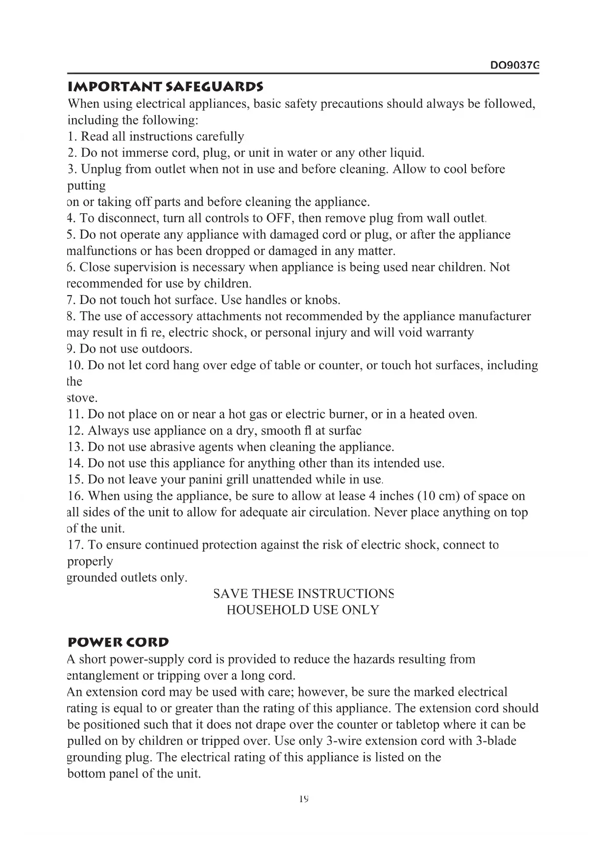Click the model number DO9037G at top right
pos(514,65)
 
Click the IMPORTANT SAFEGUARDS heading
pos(166,87)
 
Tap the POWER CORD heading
pos(118,642)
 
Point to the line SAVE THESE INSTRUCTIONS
pos(304,594)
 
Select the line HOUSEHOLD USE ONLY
pos(303,610)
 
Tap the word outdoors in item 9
pos(167,349)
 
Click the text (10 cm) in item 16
pos(438,496)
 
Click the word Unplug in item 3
pos(101,169)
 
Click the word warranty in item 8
pos(449,332)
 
